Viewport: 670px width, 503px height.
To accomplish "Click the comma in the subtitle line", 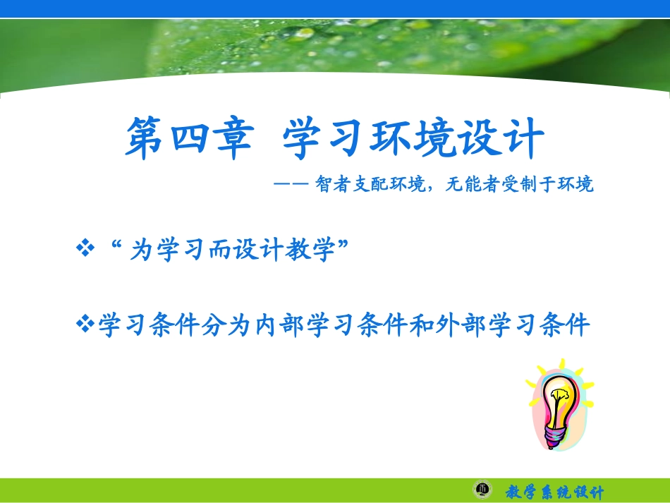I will click(432, 188).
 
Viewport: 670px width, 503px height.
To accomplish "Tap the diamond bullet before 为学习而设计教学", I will click(85, 249).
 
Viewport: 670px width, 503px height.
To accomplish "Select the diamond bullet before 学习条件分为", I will click(85, 325).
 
